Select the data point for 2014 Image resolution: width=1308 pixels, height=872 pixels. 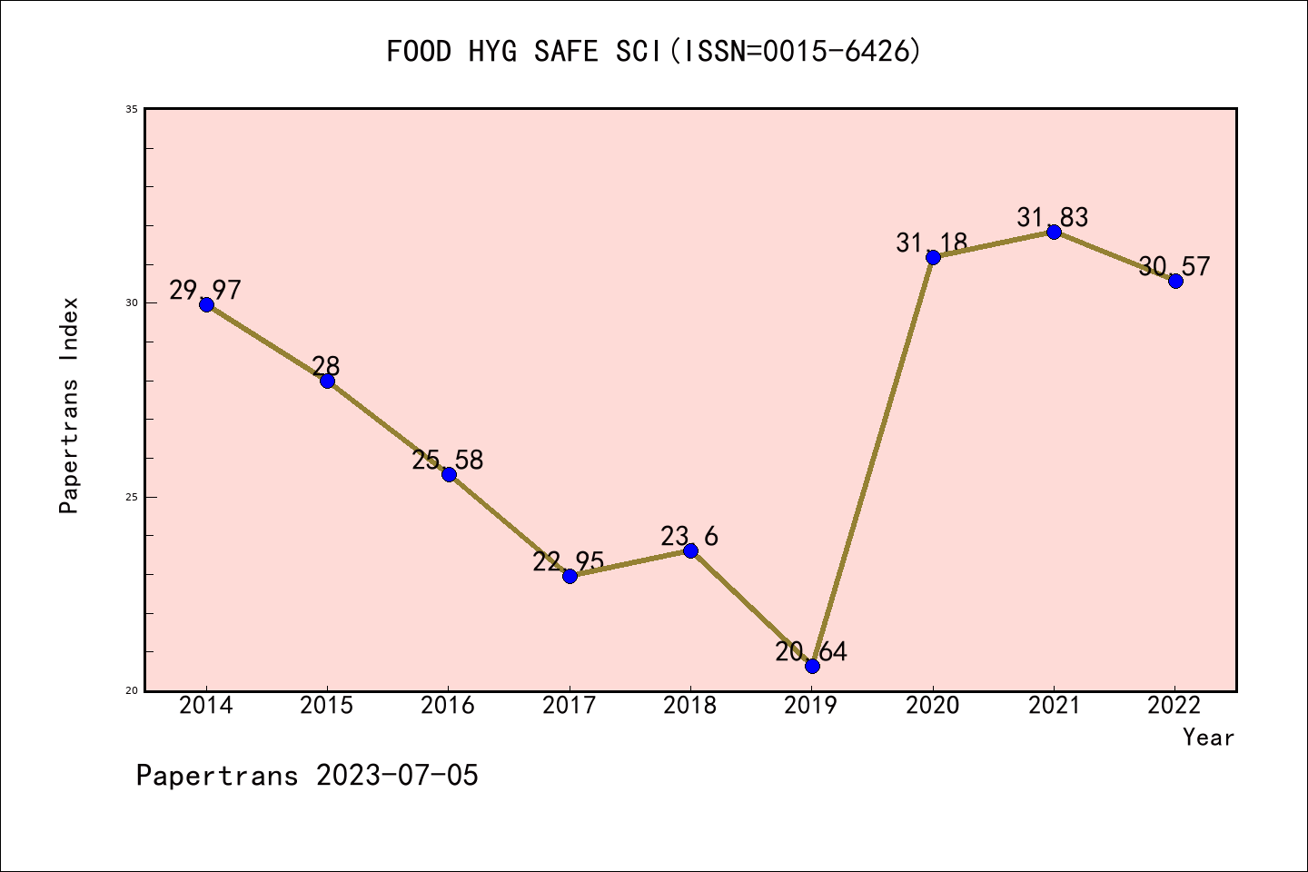click(x=206, y=304)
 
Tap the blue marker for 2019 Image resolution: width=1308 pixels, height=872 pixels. click(x=812, y=666)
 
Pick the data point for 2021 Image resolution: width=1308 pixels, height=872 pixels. click(x=1054, y=232)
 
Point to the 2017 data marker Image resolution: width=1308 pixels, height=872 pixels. click(x=570, y=576)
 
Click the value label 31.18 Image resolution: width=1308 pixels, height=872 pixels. click(x=931, y=243)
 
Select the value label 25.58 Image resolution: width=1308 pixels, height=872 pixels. click(x=448, y=460)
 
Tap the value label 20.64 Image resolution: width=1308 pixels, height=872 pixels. click(x=811, y=651)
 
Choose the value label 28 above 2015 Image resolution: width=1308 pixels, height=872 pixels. click(x=326, y=366)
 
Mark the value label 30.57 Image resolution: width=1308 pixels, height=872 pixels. click(x=1174, y=266)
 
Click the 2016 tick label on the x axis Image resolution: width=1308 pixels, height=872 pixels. click(x=448, y=706)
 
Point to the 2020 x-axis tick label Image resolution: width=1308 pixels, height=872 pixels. click(x=933, y=706)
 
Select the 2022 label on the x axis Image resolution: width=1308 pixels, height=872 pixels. click(x=1174, y=706)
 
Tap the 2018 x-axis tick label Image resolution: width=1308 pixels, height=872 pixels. click(x=690, y=706)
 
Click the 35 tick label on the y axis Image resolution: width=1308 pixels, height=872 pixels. click(x=131, y=109)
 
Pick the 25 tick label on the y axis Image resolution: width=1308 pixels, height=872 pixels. click(x=131, y=497)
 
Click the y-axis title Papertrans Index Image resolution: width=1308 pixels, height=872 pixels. click(x=69, y=405)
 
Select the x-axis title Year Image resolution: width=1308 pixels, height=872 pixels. click(x=1208, y=738)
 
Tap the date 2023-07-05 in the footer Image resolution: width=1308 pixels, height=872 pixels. click(x=397, y=776)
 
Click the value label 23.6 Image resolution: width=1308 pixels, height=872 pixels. click(x=689, y=537)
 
